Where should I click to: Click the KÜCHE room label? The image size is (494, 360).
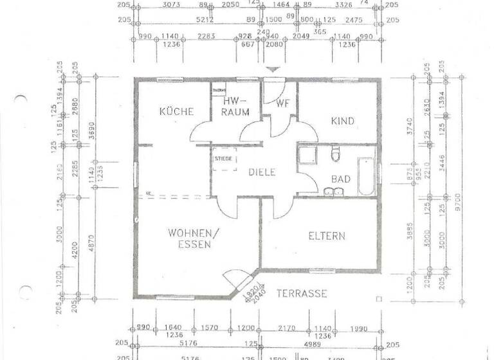click(x=176, y=111)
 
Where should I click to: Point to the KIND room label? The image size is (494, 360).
click(x=343, y=121)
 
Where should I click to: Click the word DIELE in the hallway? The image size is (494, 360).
click(x=262, y=172)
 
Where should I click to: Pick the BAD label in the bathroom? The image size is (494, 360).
click(x=340, y=179)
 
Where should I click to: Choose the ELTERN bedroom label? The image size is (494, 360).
click(x=326, y=236)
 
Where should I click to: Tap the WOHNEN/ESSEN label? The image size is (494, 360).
click(x=190, y=239)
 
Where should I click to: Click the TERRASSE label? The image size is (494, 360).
click(x=302, y=294)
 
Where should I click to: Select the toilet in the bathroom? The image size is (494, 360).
click(x=333, y=154)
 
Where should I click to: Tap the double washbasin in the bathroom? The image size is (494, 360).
click(x=334, y=191)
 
